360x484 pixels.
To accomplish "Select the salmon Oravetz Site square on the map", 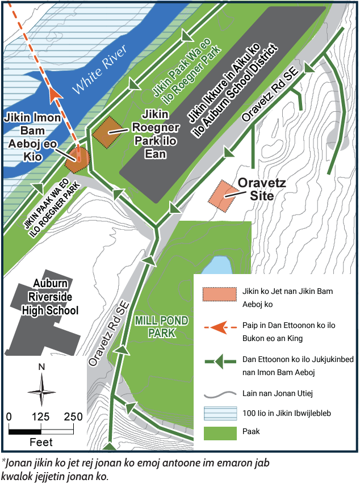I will pyautogui.click(x=225, y=195).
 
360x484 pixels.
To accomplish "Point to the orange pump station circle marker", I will pyautogui.click(x=78, y=159).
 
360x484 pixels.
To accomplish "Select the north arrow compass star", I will pyautogui.click(x=41, y=391).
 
